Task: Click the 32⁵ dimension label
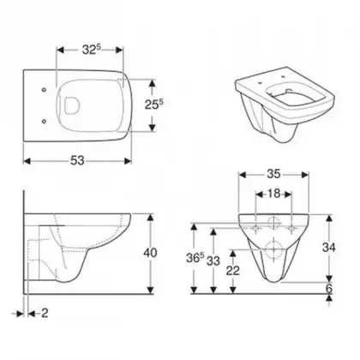coord(92,50)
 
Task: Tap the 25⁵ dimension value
coord(153,105)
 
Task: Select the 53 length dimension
coord(77,161)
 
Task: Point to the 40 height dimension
coord(150,253)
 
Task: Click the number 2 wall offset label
coord(45,314)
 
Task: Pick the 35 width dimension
coord(273,174)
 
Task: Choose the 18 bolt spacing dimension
coord(273,194)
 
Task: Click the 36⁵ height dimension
coord(195,258)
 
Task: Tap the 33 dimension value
coord(213,261)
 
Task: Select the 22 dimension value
coord(233,271)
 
